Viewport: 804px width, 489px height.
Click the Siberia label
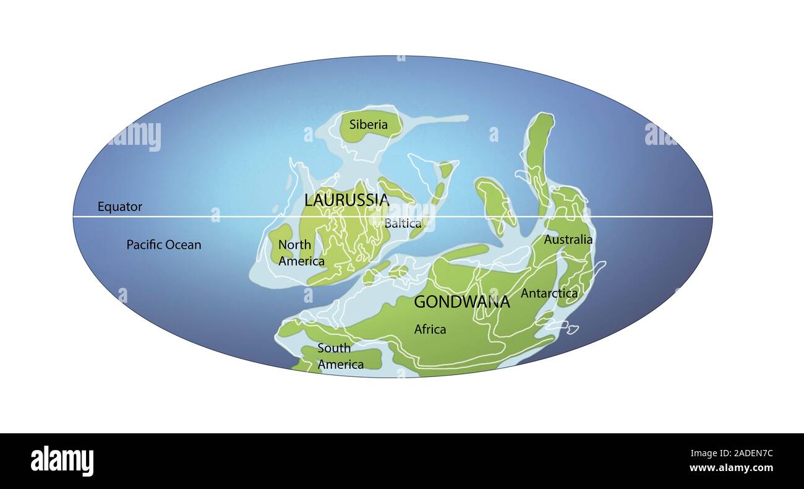(369, 124)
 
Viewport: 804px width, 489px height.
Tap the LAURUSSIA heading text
(346, 200)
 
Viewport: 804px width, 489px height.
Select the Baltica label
(403, 223)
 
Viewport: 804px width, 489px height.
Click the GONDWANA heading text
(461, 302)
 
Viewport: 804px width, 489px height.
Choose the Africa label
(430, 329)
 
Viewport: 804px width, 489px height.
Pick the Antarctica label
(549, 293)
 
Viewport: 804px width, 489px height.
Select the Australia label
(568, 240)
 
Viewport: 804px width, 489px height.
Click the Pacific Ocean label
(164, 244)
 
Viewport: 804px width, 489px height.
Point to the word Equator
(120, 207)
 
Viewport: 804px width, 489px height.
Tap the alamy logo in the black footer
(62, 461)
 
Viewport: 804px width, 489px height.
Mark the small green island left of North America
(280, 241)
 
